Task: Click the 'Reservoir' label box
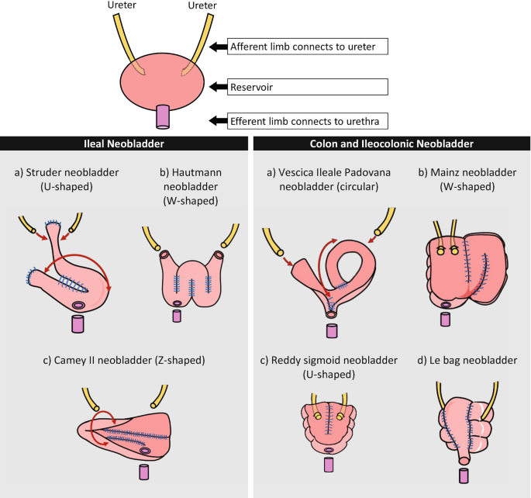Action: click(307, 85)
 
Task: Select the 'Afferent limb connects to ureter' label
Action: click(307, 48)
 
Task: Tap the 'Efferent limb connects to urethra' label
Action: click(307, 120)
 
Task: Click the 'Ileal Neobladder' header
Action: click(124, 144)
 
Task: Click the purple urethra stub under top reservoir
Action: click(163, 116)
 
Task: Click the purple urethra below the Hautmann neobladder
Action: click(177, 316)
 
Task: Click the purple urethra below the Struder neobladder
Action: click(78, 323)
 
